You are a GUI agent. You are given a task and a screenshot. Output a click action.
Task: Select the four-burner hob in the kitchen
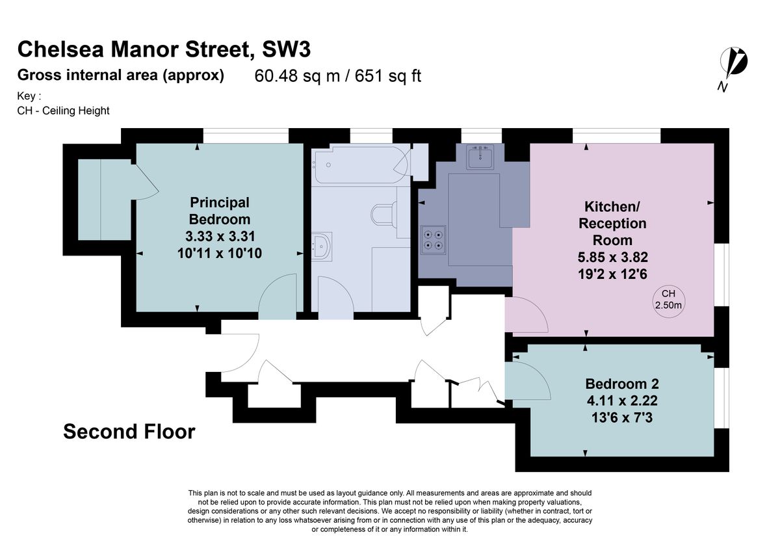coord(434,239)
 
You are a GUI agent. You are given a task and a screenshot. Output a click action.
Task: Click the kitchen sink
coord(480,157)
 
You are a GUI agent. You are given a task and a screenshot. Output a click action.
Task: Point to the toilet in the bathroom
coord(383,215)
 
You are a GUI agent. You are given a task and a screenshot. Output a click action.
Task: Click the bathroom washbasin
coord(322,245)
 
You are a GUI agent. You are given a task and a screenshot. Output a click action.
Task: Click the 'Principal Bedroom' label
coord(219,211)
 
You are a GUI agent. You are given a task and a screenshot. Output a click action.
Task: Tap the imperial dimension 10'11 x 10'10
coord(219,253)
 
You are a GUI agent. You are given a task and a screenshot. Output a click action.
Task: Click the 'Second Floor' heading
coord(129,432)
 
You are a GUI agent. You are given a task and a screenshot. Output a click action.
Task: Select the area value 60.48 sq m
coord(298,76)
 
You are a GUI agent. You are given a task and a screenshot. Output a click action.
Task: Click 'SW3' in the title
coord(290,49)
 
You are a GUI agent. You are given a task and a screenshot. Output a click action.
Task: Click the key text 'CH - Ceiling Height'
coord(64,111)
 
